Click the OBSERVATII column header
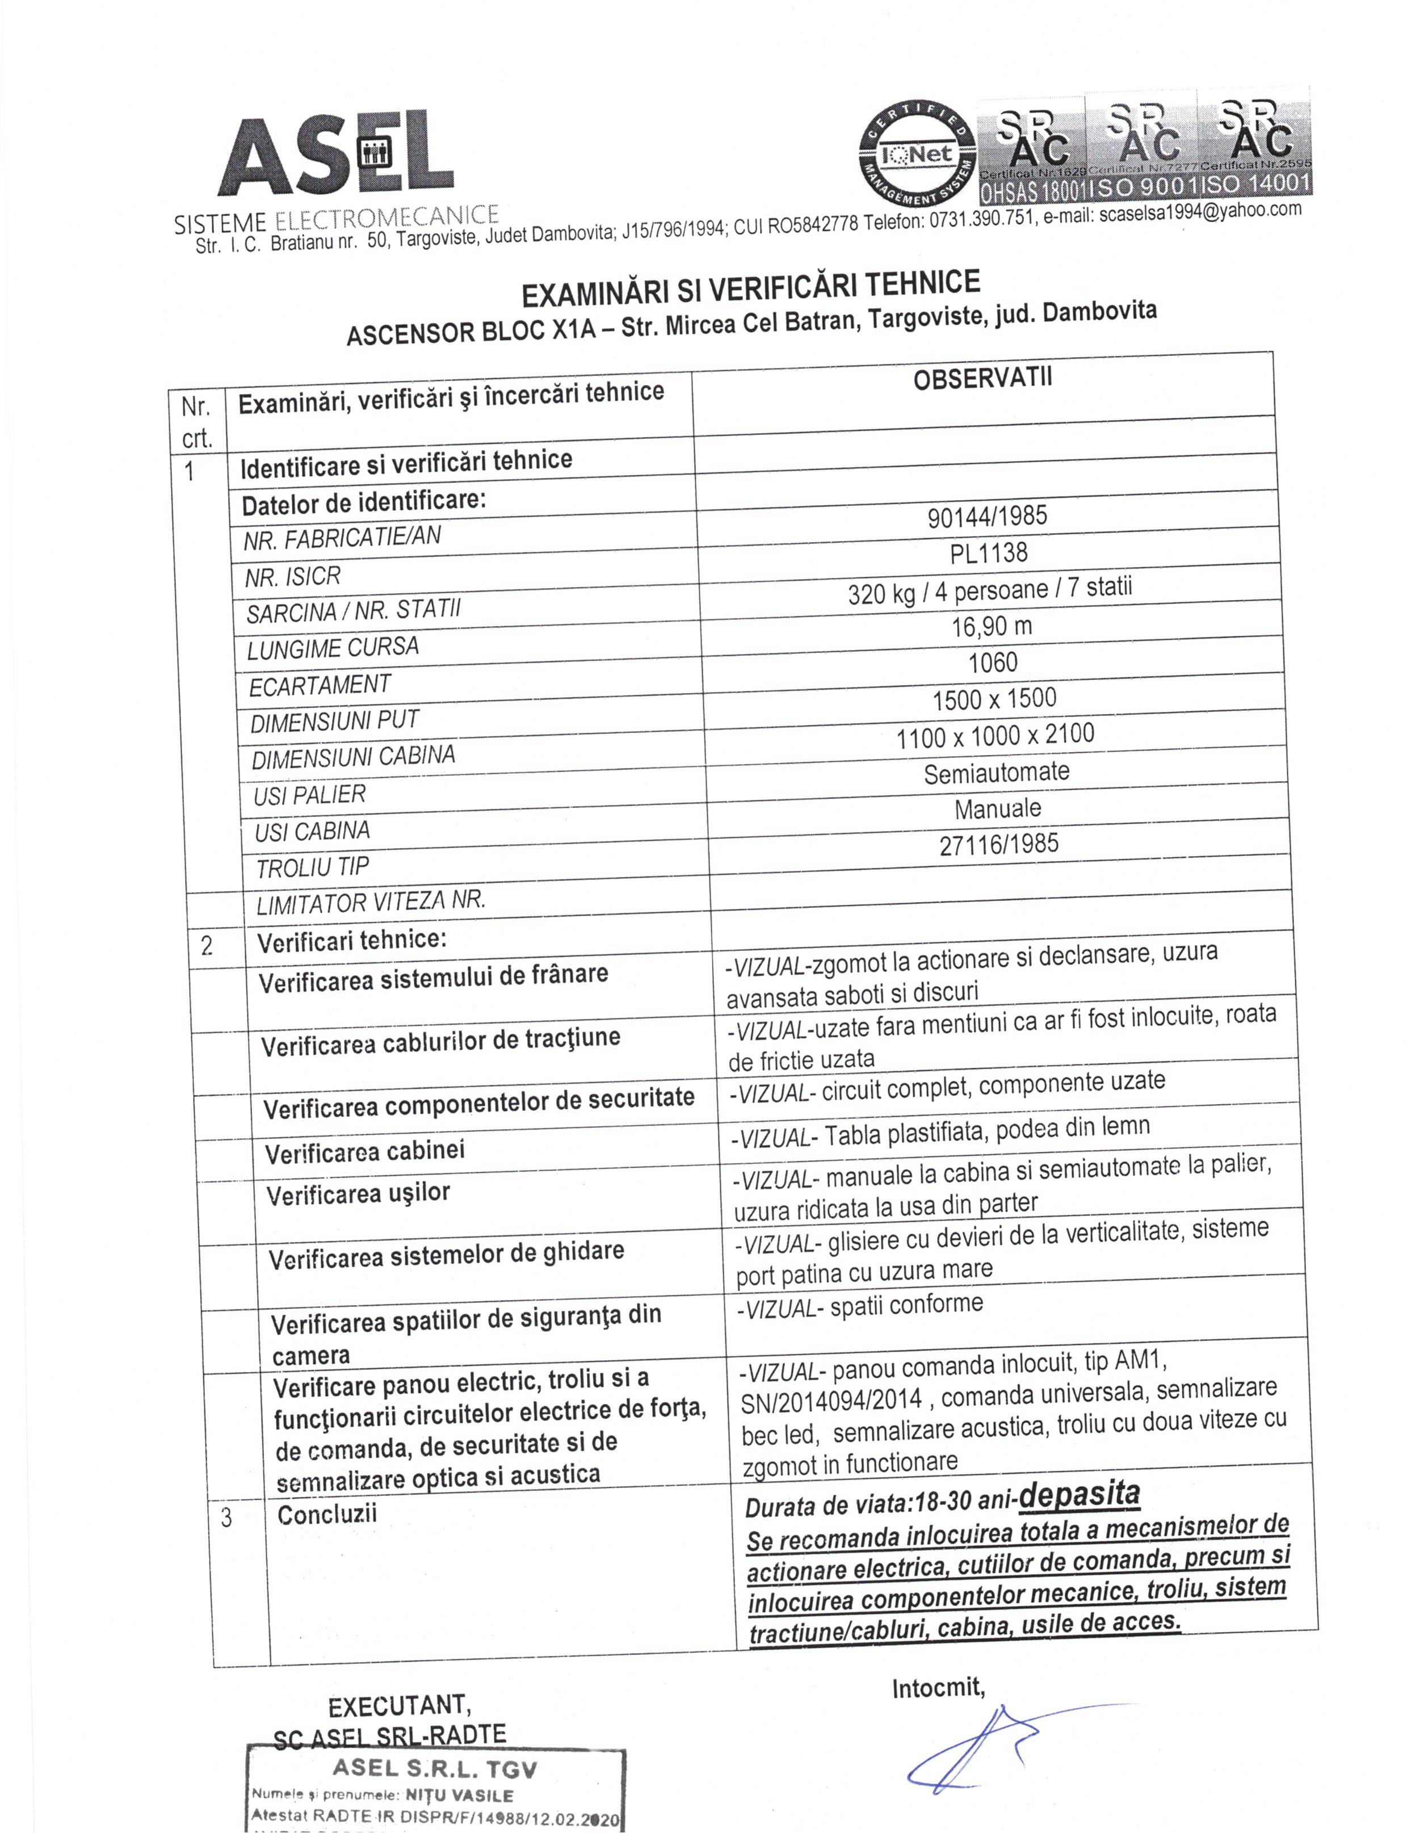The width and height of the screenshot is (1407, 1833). click(x=982, y=379)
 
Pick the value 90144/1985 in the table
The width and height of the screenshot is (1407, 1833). click(x=986, y=516)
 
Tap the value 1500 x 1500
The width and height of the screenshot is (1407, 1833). click(x=994, y=699)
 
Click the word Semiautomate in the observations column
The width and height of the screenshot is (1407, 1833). click(x=997, y=771)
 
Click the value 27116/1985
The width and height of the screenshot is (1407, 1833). click(x=998, y=844)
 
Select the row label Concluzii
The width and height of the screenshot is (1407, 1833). click(x=327, y=1514)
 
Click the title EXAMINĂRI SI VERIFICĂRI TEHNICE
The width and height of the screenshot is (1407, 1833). click(x=751, y=287)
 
